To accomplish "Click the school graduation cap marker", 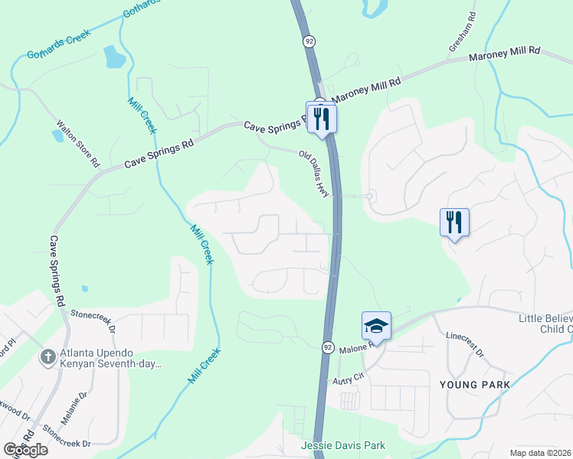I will [376, 324].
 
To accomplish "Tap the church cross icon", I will [47, 356].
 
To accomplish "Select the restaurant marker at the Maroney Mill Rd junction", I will [322, 116].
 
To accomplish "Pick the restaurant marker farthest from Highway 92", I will [454, 222].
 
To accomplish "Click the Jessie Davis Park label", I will [342, 445].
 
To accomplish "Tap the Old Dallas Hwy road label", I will [314, 174].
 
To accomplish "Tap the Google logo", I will [25, 450].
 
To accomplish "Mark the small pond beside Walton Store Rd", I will [58, 136].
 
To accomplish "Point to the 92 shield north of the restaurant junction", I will [309, 41].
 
